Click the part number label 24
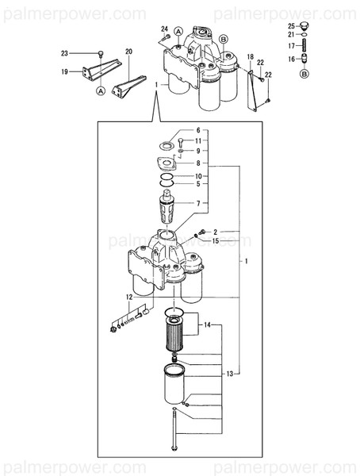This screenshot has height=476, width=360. coord(165,29)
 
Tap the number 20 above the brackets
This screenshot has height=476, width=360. coord(128,52)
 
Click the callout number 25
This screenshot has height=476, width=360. coord(291,27)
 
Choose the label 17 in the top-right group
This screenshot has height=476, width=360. coord(291,46)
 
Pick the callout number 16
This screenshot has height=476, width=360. coord(291,59)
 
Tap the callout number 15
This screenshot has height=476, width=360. coord(215,240)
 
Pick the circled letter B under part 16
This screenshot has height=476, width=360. coord(304,75)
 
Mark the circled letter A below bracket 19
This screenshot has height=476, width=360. coord(101,91)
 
